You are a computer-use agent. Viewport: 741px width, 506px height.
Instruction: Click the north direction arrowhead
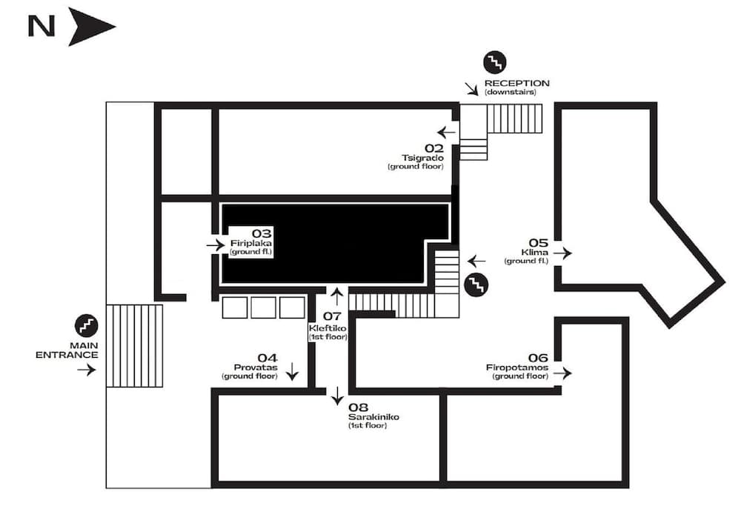coord(90,27)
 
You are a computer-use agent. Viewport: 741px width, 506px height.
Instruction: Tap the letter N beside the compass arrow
coord(41,27)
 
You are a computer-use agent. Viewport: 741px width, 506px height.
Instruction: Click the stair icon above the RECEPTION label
coord(494,62)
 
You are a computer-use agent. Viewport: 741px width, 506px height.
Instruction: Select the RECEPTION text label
coord(516,83)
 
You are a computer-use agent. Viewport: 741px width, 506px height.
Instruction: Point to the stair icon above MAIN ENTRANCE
coord(86,325)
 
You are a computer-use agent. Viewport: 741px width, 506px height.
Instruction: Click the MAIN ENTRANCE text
coord(67,350)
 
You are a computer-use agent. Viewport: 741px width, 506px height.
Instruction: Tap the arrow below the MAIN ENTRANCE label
coord(86,370)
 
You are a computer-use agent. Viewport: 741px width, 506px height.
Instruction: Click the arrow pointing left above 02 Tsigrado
coord(447,133)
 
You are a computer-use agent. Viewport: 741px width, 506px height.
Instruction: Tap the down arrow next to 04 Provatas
coord(293,370)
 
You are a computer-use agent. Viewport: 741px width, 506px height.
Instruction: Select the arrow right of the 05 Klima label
coord(562,253)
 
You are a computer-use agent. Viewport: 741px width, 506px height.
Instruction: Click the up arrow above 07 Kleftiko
coord(337,296)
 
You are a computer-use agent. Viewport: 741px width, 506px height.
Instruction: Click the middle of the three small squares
coord(263,307)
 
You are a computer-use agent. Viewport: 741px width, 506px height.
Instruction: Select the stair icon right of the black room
coord(476,284)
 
